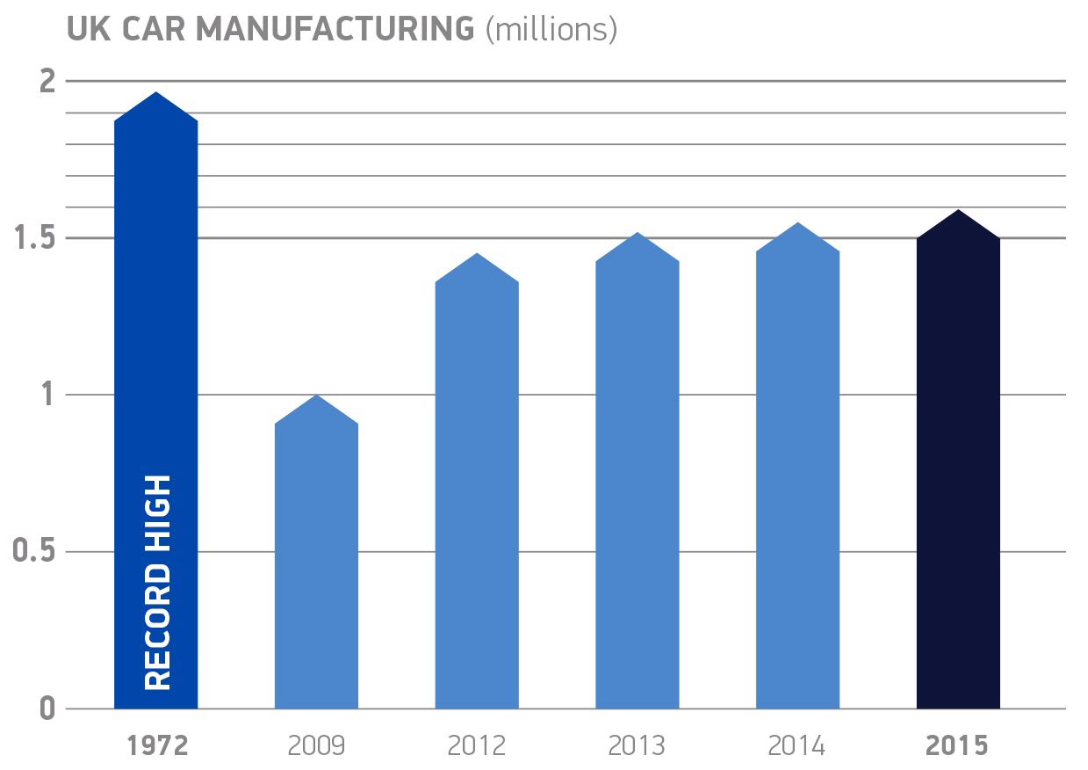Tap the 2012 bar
point(477,492)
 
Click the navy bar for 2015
point(958,466)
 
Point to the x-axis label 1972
point(157,746)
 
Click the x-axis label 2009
point(316,746)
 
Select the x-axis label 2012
point(477,746)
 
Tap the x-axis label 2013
point(637,746)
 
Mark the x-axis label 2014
point(797,746)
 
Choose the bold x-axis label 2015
point(958,746)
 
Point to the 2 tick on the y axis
point(47,81)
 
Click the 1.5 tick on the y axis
point(36,238)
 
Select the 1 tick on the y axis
point(49,395)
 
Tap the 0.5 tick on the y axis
point(35,552)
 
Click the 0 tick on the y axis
point(47,708)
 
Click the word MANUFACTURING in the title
point(335,29)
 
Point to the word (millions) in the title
point(551,30)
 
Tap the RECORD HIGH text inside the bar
point(156,583)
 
